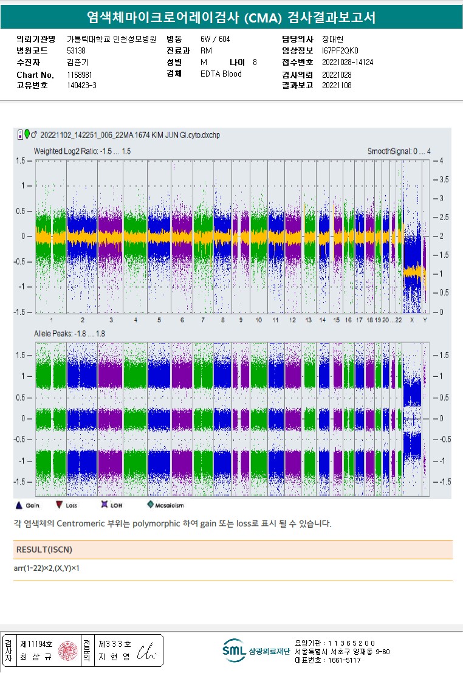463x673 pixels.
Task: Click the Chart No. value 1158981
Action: tap(80, 75)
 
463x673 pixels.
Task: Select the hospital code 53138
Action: tap(76, 50)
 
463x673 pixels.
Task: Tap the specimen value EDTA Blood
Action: tap(221, 74)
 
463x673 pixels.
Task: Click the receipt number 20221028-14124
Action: tap(347, 63)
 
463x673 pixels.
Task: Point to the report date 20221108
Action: tap(337, 86)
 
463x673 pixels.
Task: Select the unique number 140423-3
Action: tap(81, 86)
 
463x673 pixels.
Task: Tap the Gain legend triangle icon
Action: tap(18, 505)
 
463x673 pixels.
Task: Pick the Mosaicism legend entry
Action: tap(165, 505)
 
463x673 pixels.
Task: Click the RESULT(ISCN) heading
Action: tap(43, 550)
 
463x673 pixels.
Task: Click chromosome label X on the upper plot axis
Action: tap(412, 320)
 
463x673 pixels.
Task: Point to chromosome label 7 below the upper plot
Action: tap(203, 320)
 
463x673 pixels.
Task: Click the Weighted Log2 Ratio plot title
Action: tap(82, 151)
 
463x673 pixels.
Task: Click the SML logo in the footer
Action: tap(234, 651)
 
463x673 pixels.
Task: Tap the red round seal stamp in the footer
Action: tap(67, 651)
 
